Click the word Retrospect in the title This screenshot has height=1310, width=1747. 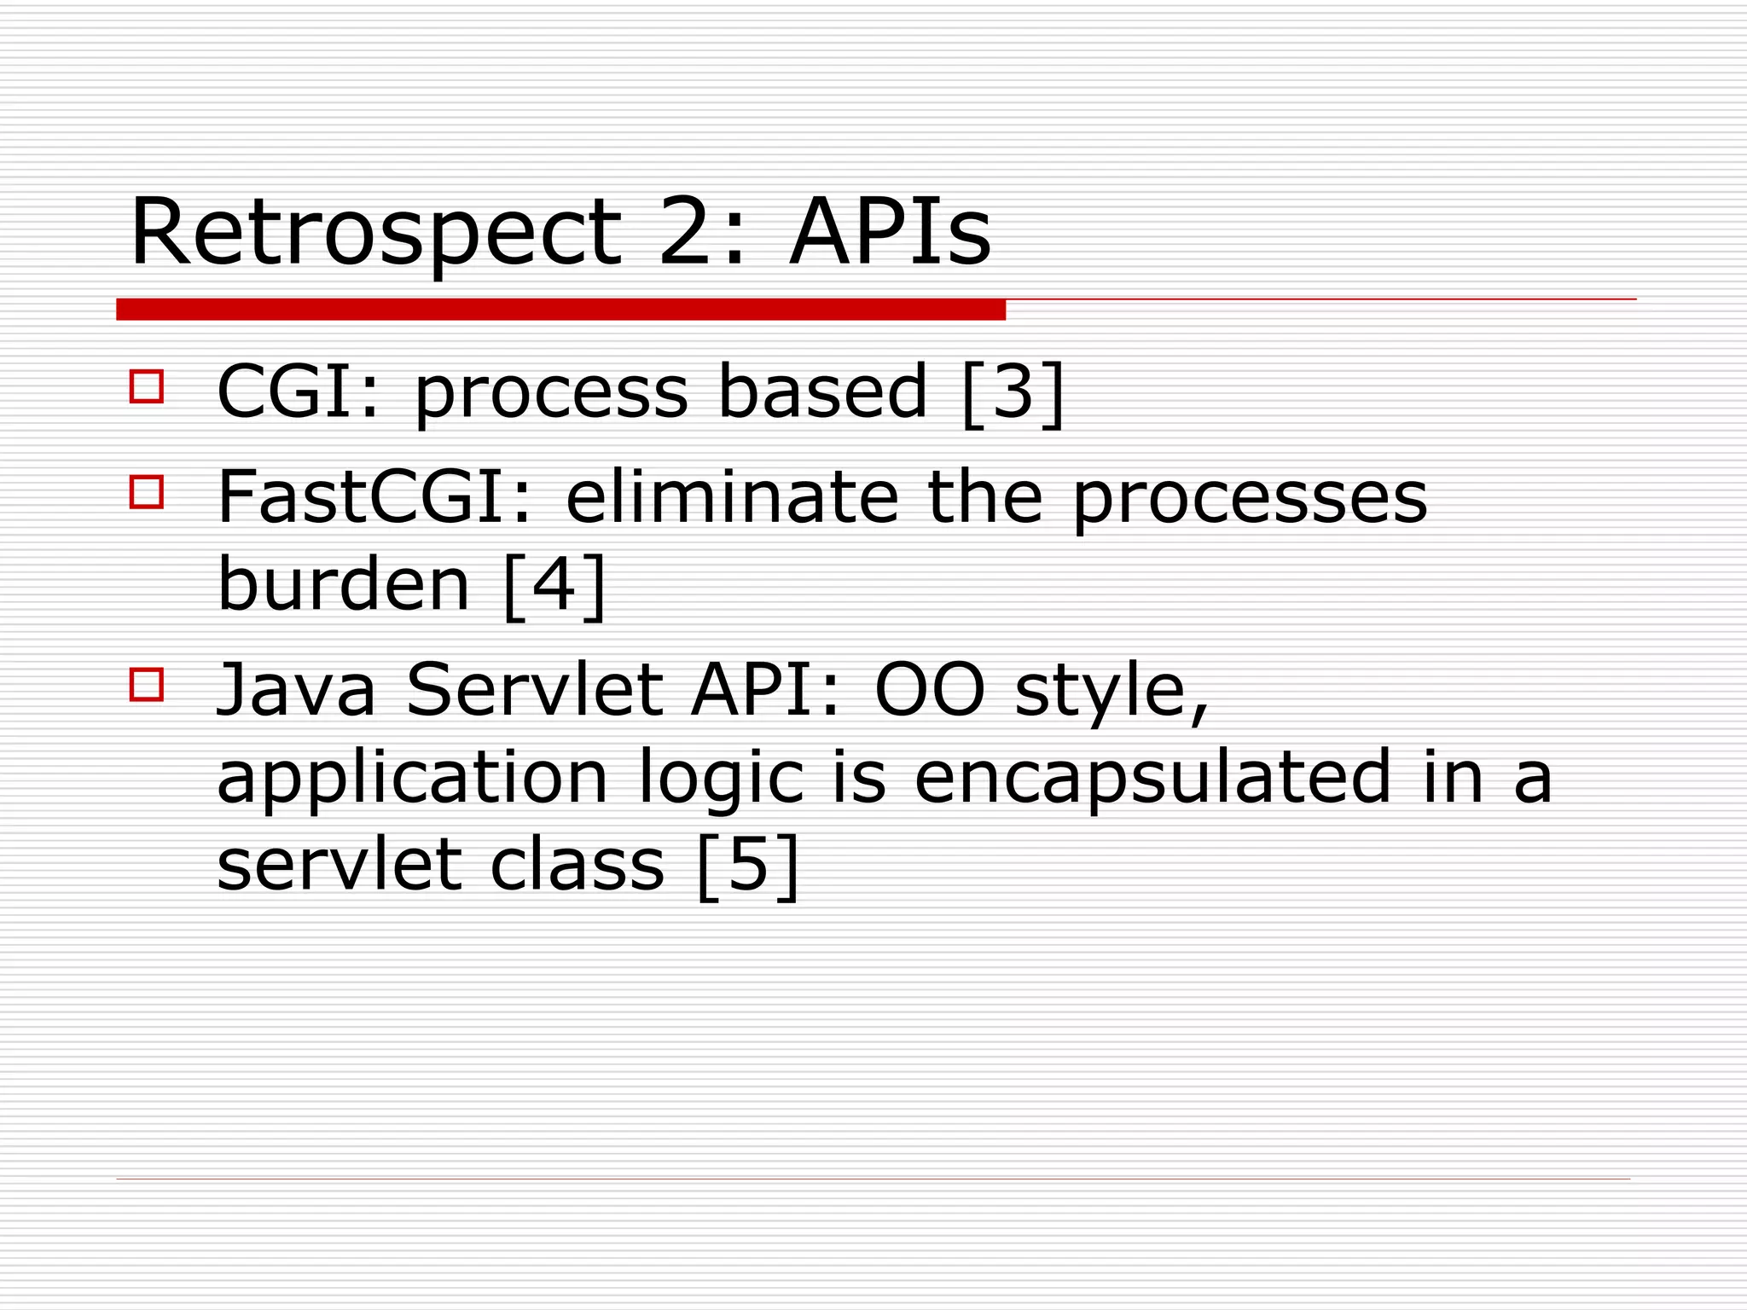pos(375,233)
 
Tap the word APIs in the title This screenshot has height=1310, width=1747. pos(890,233)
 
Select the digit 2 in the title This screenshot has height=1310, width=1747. pos(693,233)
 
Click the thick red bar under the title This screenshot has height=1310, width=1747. pos(560,310)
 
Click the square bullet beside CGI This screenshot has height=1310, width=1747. pos(147,385)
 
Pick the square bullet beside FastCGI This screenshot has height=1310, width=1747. pos(147,492)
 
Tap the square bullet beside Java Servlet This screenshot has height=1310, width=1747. pos(147,684)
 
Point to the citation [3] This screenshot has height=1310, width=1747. pos(1013,393)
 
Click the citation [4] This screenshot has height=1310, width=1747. pos(554,586)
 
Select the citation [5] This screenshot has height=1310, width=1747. pos(748,865)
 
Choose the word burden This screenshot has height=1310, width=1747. pos(344,586)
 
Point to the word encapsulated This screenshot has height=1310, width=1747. pos(1152,778)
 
